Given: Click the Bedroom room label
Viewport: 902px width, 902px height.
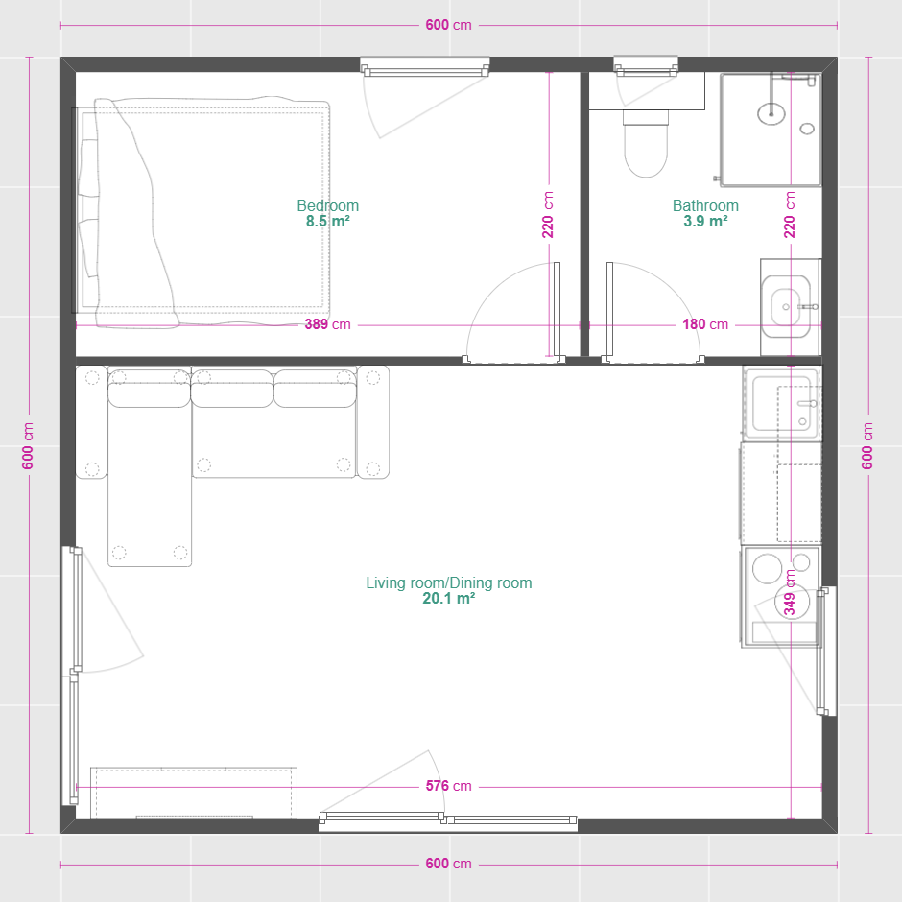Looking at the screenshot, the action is point(328,205).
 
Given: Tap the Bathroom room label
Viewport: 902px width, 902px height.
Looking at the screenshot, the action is point(705,205).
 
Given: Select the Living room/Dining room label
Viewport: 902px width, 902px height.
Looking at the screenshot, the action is point(449,582).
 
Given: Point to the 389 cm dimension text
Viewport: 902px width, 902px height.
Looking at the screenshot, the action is point(327,324).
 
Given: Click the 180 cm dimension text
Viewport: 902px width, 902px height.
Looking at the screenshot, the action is point(705,324).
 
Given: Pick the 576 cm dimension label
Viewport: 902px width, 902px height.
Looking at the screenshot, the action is point(449,786).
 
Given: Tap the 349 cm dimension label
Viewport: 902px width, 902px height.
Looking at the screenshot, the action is point(790,592).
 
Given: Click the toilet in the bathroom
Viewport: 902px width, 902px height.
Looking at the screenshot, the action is point(646,143).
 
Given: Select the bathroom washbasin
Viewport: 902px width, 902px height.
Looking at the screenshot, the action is point(786,307).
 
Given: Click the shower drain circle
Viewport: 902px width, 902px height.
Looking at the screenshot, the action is point(771,113).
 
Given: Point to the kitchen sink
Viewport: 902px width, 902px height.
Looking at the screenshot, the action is point(781,403).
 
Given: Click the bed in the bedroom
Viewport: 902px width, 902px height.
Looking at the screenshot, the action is point(202,212).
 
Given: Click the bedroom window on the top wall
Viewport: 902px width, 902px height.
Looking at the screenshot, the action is point(424,66).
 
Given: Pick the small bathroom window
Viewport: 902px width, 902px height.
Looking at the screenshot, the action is point(646,66).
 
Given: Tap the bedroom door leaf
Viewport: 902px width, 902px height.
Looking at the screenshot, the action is point(557,310).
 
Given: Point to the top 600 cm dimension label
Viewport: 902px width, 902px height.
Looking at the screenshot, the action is point(449,25).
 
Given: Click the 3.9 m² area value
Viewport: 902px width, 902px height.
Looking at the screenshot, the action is point(705,221).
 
